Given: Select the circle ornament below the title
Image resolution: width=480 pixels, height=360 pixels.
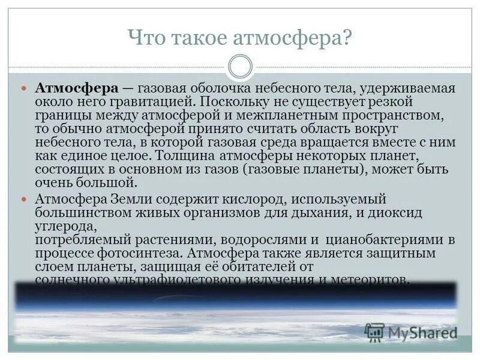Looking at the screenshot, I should [x=240, y=66].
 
